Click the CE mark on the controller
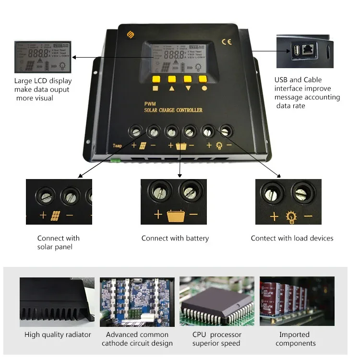(227, 42)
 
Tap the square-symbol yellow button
(156, 79)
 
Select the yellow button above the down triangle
(188, 79)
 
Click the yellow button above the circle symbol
(204, 79)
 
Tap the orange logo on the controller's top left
(129, 35)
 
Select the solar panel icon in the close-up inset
(56, 215)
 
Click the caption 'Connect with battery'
(175, 238)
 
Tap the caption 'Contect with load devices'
(292, 238)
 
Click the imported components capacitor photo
(297, 301)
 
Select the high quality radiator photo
(57, 301)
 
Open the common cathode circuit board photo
(137, 301)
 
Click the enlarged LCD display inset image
(43, 57)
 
